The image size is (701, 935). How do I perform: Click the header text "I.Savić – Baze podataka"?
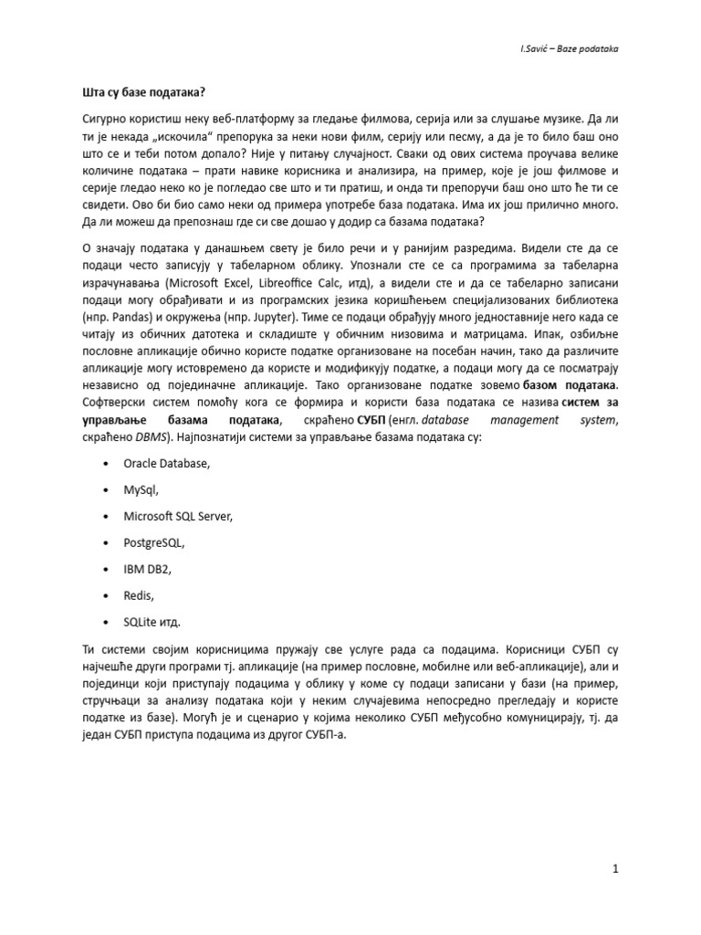pos(565,48)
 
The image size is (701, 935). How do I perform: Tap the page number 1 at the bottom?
pos(616,869)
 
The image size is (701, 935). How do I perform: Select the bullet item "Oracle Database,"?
pos(167,464)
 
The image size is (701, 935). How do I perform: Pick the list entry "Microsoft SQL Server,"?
pos(179,517)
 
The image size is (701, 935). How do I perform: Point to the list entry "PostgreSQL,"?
pos(154,543)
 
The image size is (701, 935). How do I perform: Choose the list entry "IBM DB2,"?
pos(147,570)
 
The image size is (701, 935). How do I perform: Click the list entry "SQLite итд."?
pos(152,623)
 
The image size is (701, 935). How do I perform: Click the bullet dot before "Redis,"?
pos(108,596)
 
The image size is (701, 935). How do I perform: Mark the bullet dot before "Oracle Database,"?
pos(108,464)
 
